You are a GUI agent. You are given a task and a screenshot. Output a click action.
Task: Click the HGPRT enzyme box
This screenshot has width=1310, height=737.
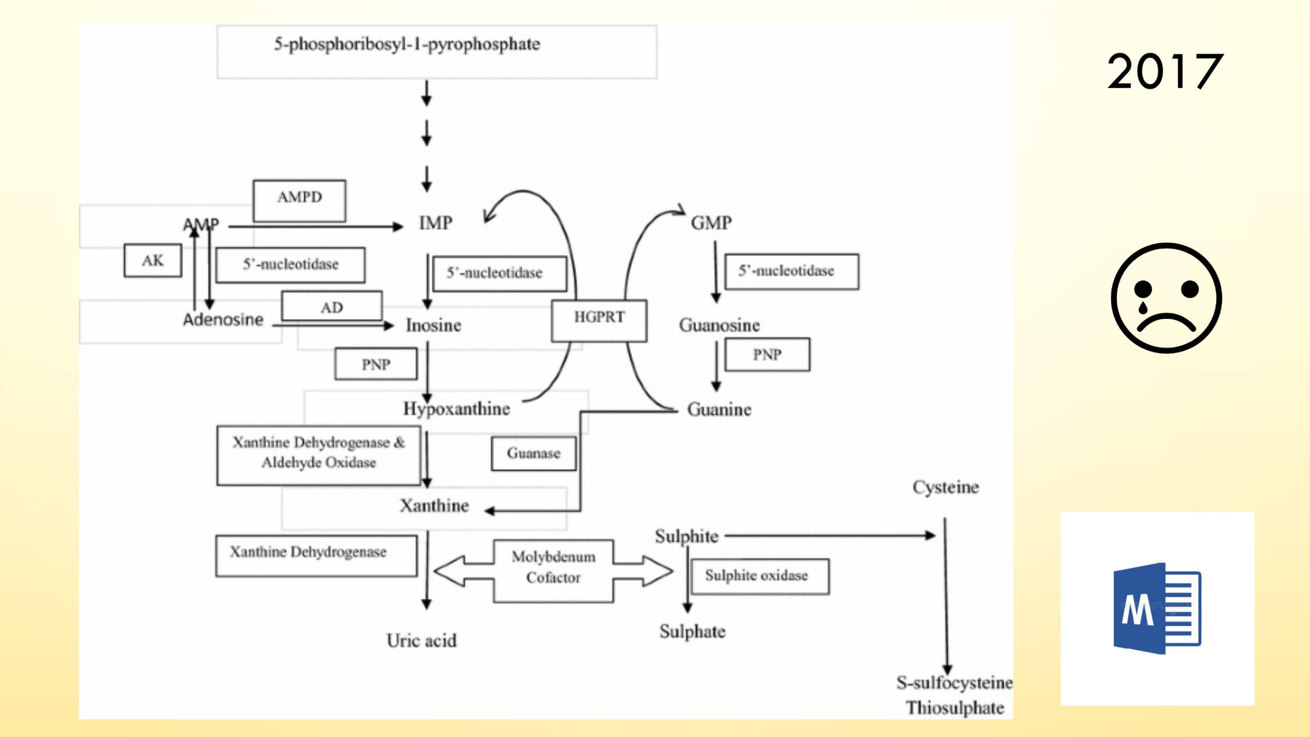click(x=599, y=320)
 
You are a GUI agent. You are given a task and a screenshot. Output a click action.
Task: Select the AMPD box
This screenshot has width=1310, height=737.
click(x=299, y=200)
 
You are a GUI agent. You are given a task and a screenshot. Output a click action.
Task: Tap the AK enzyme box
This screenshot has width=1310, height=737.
click(x=152, y=261)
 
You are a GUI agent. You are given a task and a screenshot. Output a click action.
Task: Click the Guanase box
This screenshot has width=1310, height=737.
click(x=533, y=453)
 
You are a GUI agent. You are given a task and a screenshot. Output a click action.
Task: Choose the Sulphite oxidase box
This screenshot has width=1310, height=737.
click(x=759, y=576)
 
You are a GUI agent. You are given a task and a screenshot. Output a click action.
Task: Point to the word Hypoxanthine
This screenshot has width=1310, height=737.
click(x=456, y=409)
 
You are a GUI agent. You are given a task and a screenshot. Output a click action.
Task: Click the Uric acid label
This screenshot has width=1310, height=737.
click(x=421, y=641)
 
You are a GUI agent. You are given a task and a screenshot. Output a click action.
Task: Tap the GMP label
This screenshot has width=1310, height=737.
click(x=711, y=223)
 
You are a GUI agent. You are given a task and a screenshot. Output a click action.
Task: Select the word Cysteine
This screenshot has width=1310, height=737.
click(x=945, y=487)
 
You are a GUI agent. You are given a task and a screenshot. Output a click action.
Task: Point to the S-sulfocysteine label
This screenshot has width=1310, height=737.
click(x=954, y=683)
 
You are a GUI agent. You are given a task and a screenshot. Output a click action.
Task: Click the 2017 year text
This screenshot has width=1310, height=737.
click(x=1165, y=72)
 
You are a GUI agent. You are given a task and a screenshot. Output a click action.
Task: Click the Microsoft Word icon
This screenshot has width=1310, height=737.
click(x=1157, y=609)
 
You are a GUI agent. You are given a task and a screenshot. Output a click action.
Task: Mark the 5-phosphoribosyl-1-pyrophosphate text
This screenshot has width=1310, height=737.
click(x=407, y=45)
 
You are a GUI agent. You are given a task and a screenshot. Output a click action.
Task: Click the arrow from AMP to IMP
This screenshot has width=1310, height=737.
click(x=315, y=226)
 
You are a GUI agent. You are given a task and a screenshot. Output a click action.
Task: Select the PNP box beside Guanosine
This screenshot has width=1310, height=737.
click(x=767, y=355)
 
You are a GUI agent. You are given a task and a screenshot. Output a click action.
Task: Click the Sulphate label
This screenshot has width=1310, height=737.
click(x=692, y=632)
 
